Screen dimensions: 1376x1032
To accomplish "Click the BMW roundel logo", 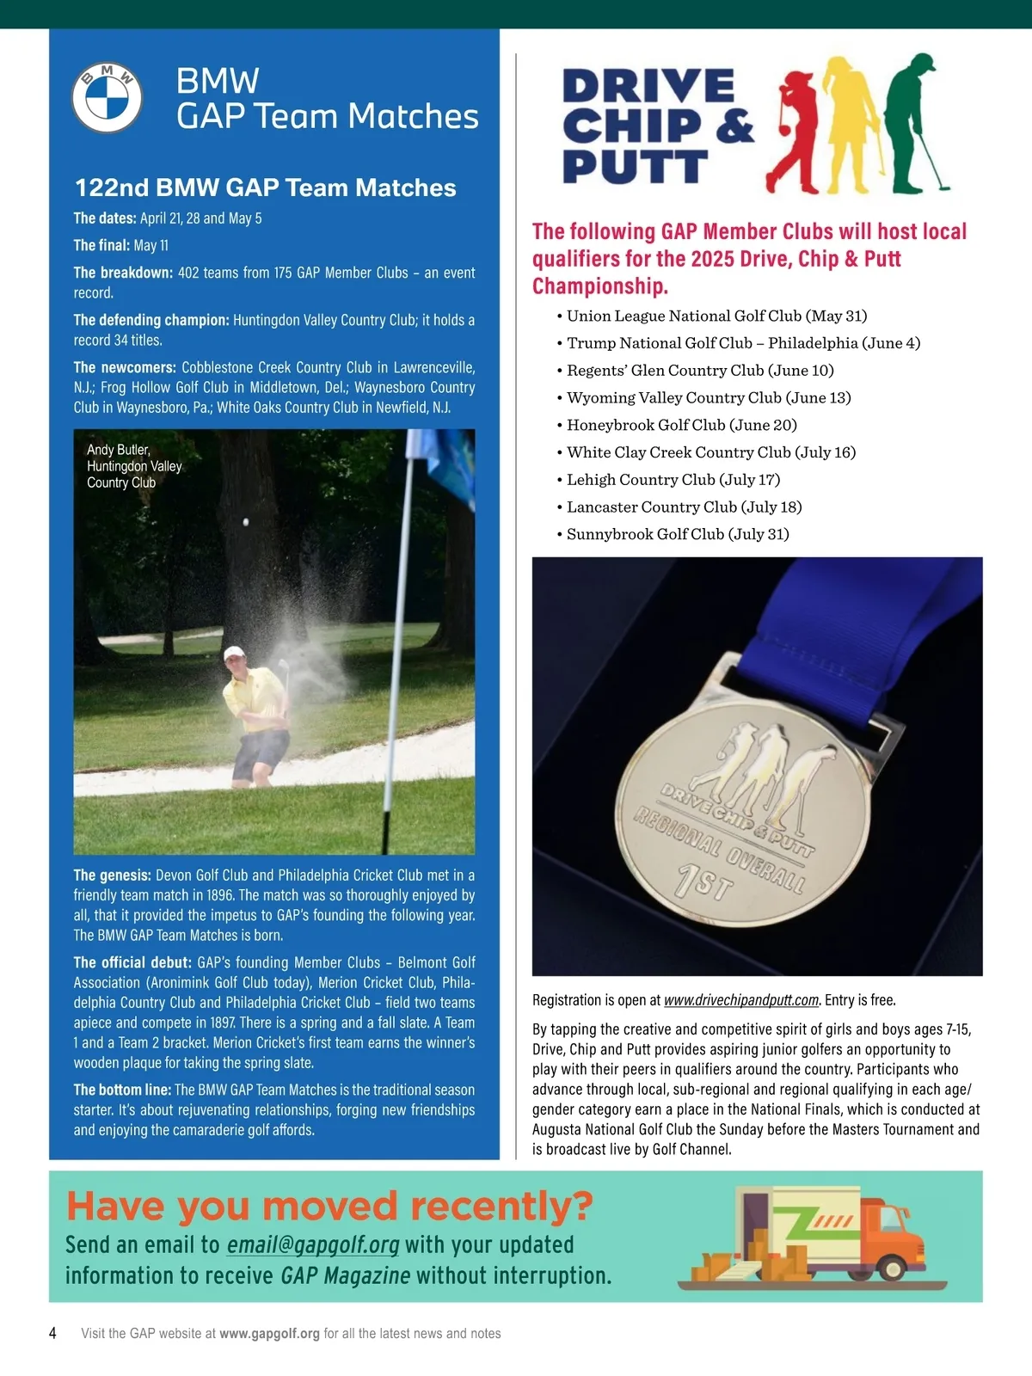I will [x=107, y=98].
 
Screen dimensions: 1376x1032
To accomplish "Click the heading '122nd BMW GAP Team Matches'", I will [x=265, y=187].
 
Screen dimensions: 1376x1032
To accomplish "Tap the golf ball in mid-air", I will [x=246, y=522].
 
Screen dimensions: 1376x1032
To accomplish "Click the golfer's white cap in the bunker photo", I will [x=234, y=654].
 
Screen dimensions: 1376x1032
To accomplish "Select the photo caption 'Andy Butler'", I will [x=119, y=450].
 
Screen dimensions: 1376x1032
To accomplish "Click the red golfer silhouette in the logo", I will [x=794, y=129].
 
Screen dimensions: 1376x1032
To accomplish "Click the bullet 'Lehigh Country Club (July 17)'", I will [x=673, y=480].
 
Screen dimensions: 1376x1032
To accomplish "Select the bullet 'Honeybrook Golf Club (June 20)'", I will [x=681, y=425].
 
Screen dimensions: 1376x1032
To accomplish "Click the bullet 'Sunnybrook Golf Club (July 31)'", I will [x=677, y=534].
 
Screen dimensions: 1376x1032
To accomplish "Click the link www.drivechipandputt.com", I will [x=741, y=1000].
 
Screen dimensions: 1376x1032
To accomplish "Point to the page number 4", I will [x=53, y=1333].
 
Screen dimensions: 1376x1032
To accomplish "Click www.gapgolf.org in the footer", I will [x=269, y=1334].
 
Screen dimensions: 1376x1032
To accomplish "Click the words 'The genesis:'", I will [x=112, y=875].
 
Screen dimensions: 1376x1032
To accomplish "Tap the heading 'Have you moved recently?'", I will [x=329, y=1206].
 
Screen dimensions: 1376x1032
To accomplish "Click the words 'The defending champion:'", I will [x=151, y=320].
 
